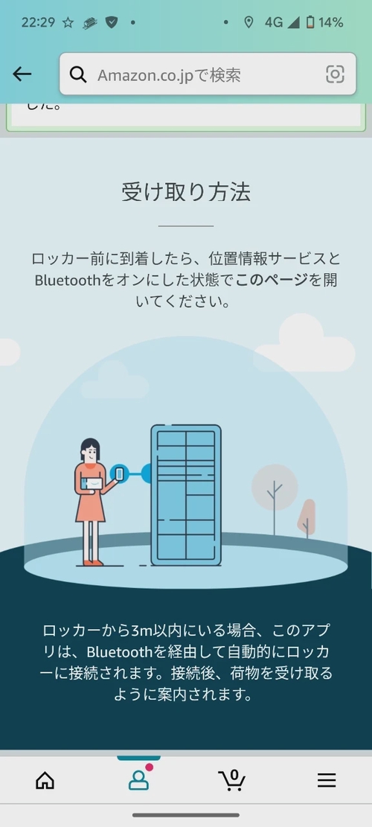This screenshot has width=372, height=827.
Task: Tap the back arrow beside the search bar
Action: click(x=22, y=74)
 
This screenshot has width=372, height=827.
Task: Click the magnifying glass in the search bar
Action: click(x=78, y=74)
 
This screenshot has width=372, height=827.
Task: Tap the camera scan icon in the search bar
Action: click(x=335, y=74)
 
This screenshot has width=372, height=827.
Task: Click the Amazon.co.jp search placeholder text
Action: click(x=169, y=75)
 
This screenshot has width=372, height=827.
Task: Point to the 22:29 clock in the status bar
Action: click(x=39, y=22)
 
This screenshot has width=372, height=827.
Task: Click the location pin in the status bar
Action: click(x=248, y=22)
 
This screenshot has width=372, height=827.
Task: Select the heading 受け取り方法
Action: click(x=186, y=192)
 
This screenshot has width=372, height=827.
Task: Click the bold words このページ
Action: click(x=272, y=280)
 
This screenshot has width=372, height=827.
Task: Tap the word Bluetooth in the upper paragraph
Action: click(x=67, y=280)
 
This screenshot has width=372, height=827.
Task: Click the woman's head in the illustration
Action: click(x=91, y=451)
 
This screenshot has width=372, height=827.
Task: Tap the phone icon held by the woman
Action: click(x=119, y=473)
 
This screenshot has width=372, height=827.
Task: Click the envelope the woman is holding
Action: click(x=93, y=482)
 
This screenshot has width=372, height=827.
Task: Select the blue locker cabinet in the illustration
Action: click(x=186, y=495)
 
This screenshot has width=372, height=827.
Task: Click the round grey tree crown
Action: click(x=275, y=488)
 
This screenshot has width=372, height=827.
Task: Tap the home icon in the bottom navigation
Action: click(x=45, y=780)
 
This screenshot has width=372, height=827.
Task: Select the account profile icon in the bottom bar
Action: click(x=138, y=780)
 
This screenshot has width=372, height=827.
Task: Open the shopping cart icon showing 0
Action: click(x=232, y=780)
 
